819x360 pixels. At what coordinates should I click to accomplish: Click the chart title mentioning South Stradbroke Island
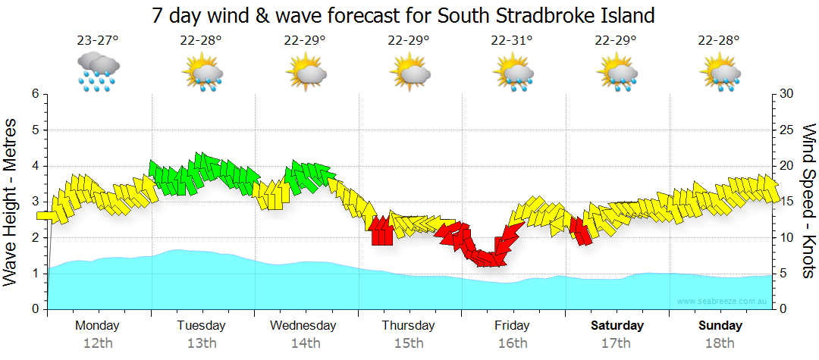[403, 15]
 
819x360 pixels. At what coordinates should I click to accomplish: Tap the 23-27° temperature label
[98, 40]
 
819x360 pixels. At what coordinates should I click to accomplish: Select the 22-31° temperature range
[512, 40]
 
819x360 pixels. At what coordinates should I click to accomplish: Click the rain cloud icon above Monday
[98, 71]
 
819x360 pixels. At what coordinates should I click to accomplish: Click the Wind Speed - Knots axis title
[808, 202]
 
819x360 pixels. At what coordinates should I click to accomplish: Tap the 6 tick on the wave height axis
[34, 94]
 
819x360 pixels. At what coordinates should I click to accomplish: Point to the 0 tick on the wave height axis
[34, 309]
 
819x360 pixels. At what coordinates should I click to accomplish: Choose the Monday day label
[97, 325]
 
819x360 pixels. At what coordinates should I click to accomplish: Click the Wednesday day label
[303, 325]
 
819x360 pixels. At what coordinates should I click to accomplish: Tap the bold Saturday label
[617, 325]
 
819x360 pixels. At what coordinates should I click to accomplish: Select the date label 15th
[408, 343]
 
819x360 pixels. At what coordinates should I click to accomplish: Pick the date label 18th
[720, 343]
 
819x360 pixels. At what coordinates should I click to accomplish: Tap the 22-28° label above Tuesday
[201, 40]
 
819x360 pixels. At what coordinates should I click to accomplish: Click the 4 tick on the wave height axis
[34, 166]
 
